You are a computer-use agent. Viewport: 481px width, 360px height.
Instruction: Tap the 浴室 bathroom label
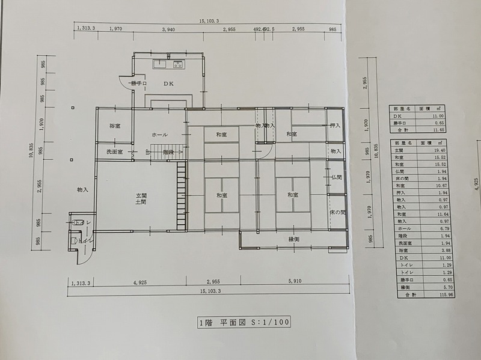[x=114, y=126]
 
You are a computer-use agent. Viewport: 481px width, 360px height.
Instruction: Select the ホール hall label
[x=159, y=135]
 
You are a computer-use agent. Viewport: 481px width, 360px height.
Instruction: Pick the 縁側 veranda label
[x=294, y=240]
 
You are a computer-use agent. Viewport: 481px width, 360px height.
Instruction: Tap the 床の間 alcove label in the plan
[x=337, y=212]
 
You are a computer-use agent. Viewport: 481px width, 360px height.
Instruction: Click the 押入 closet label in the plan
[x=335, y=126]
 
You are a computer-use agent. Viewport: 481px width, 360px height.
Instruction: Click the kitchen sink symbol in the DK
[x=161, y=64]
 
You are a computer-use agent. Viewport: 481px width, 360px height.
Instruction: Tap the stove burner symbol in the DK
[x=179, y=64]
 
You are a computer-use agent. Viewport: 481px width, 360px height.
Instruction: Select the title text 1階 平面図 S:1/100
[x=244, y=322]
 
